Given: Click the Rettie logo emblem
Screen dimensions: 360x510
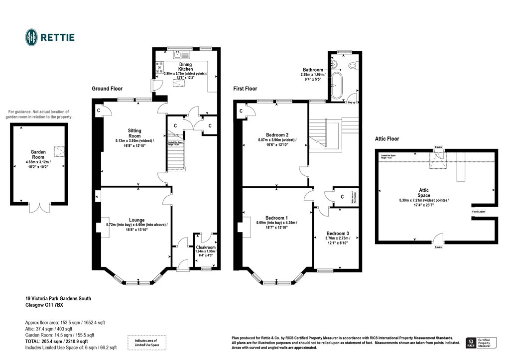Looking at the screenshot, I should click(x=32, y=37).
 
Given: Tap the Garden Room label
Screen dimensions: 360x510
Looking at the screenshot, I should click(x=38, y=155).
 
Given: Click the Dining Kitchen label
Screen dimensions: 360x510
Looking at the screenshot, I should click(x=185, y=66).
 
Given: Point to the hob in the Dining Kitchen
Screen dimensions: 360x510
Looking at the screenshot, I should click(x=160, y=67).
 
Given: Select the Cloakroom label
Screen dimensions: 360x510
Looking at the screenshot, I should click(x=206, y=247).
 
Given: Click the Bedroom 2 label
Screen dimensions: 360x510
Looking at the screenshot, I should click(x=277, y=134).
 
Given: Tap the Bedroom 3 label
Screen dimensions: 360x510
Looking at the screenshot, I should click(x=338, y=233).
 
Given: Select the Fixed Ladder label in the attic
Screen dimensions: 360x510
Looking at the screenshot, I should click(x=479, y=212).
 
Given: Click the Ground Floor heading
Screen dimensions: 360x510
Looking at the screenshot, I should click(x=107, y=89).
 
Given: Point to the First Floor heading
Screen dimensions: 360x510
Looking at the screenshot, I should click(x=245, y=89).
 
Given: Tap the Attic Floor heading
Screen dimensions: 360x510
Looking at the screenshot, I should click(x=387, y=139).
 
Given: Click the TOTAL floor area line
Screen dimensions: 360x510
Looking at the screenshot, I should click(x=56, y=342).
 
